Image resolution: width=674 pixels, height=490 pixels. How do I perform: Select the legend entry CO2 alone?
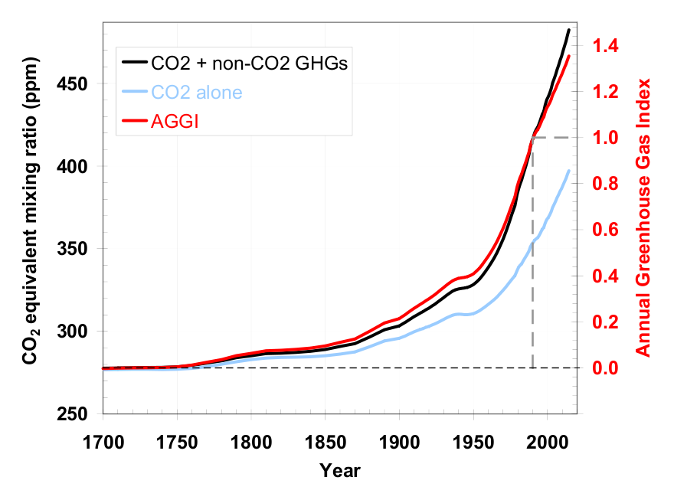pyautogui.click(x=197, y=93)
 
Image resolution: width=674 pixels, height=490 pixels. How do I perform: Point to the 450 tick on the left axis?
pyautogui.click(x=77, y=83)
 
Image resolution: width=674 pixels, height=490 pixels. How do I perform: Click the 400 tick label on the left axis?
pyautogui.click(x=77, y=166)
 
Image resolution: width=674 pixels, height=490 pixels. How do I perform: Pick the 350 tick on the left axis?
pyautogui.click(x=77, y=249)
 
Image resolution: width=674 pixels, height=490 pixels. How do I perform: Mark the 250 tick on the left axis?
pyautogui.click(x=77, y=414)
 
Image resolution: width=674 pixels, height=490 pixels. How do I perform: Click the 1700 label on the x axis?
pyautogui.click(x=103, y=442)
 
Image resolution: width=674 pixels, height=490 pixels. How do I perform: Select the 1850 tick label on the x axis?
pyautogui.click(x=326, y=442)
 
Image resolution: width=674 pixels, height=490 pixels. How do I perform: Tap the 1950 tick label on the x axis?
pyautogui.click(x=474, y=442)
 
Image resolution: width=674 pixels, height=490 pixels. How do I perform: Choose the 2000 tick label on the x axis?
pyautogui.click(x=548, y=442)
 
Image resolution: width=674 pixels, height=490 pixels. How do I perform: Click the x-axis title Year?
pyautogui.click(x=340, y=469)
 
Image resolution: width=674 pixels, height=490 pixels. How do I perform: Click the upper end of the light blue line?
pyautogui.click(x=569, y=170)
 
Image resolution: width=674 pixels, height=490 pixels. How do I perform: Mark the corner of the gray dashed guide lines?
pyautogui.click(x=532, y=138)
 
